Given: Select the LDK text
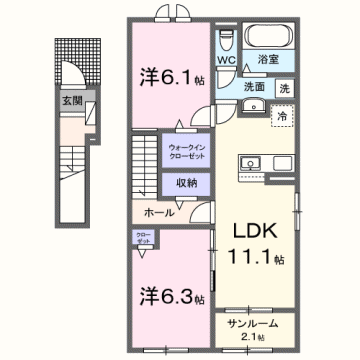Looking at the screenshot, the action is click(257, 230).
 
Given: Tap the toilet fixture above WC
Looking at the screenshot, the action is click(226, 38).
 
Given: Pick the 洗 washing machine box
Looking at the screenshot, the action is click(285, 87).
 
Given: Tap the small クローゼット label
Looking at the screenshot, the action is click(143, 239).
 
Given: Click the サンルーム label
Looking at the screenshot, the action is click(254, 325).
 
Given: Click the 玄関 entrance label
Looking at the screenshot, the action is click(72, 101).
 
